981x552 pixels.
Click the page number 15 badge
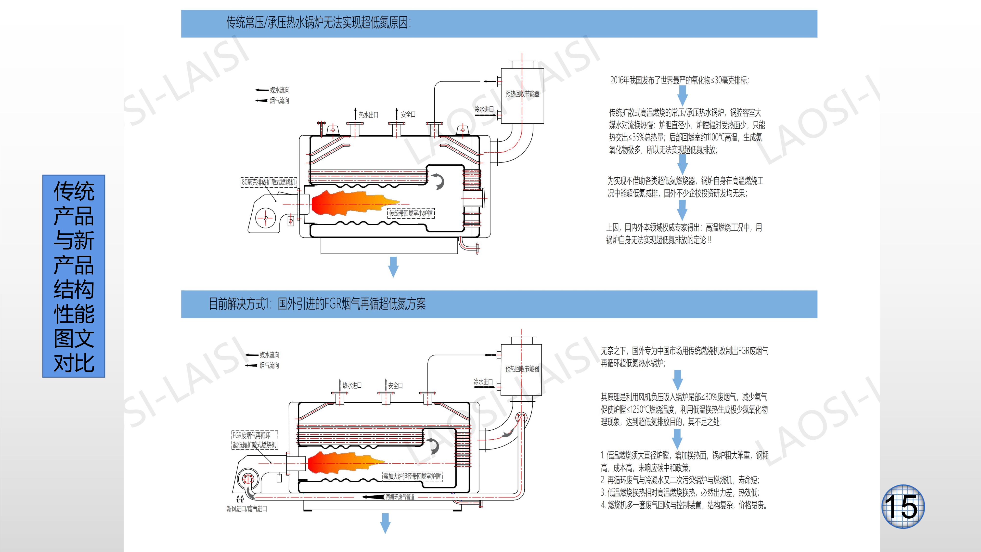pos(903,506)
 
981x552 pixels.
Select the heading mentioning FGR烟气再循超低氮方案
pos(317,304)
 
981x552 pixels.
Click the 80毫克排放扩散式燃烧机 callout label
pos(269,182)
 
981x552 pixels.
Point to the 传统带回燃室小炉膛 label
pos(411,213)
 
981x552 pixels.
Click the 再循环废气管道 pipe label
pos(400,497)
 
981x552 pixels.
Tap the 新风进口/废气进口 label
pos(247,509)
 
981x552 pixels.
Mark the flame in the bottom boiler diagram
pos(343,463)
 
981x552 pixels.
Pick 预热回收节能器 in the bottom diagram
pos(522,369)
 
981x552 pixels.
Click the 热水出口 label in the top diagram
pos(368,115)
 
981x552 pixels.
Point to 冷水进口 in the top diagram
pos(484,109)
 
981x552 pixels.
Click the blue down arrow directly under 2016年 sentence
pos(683,95)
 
